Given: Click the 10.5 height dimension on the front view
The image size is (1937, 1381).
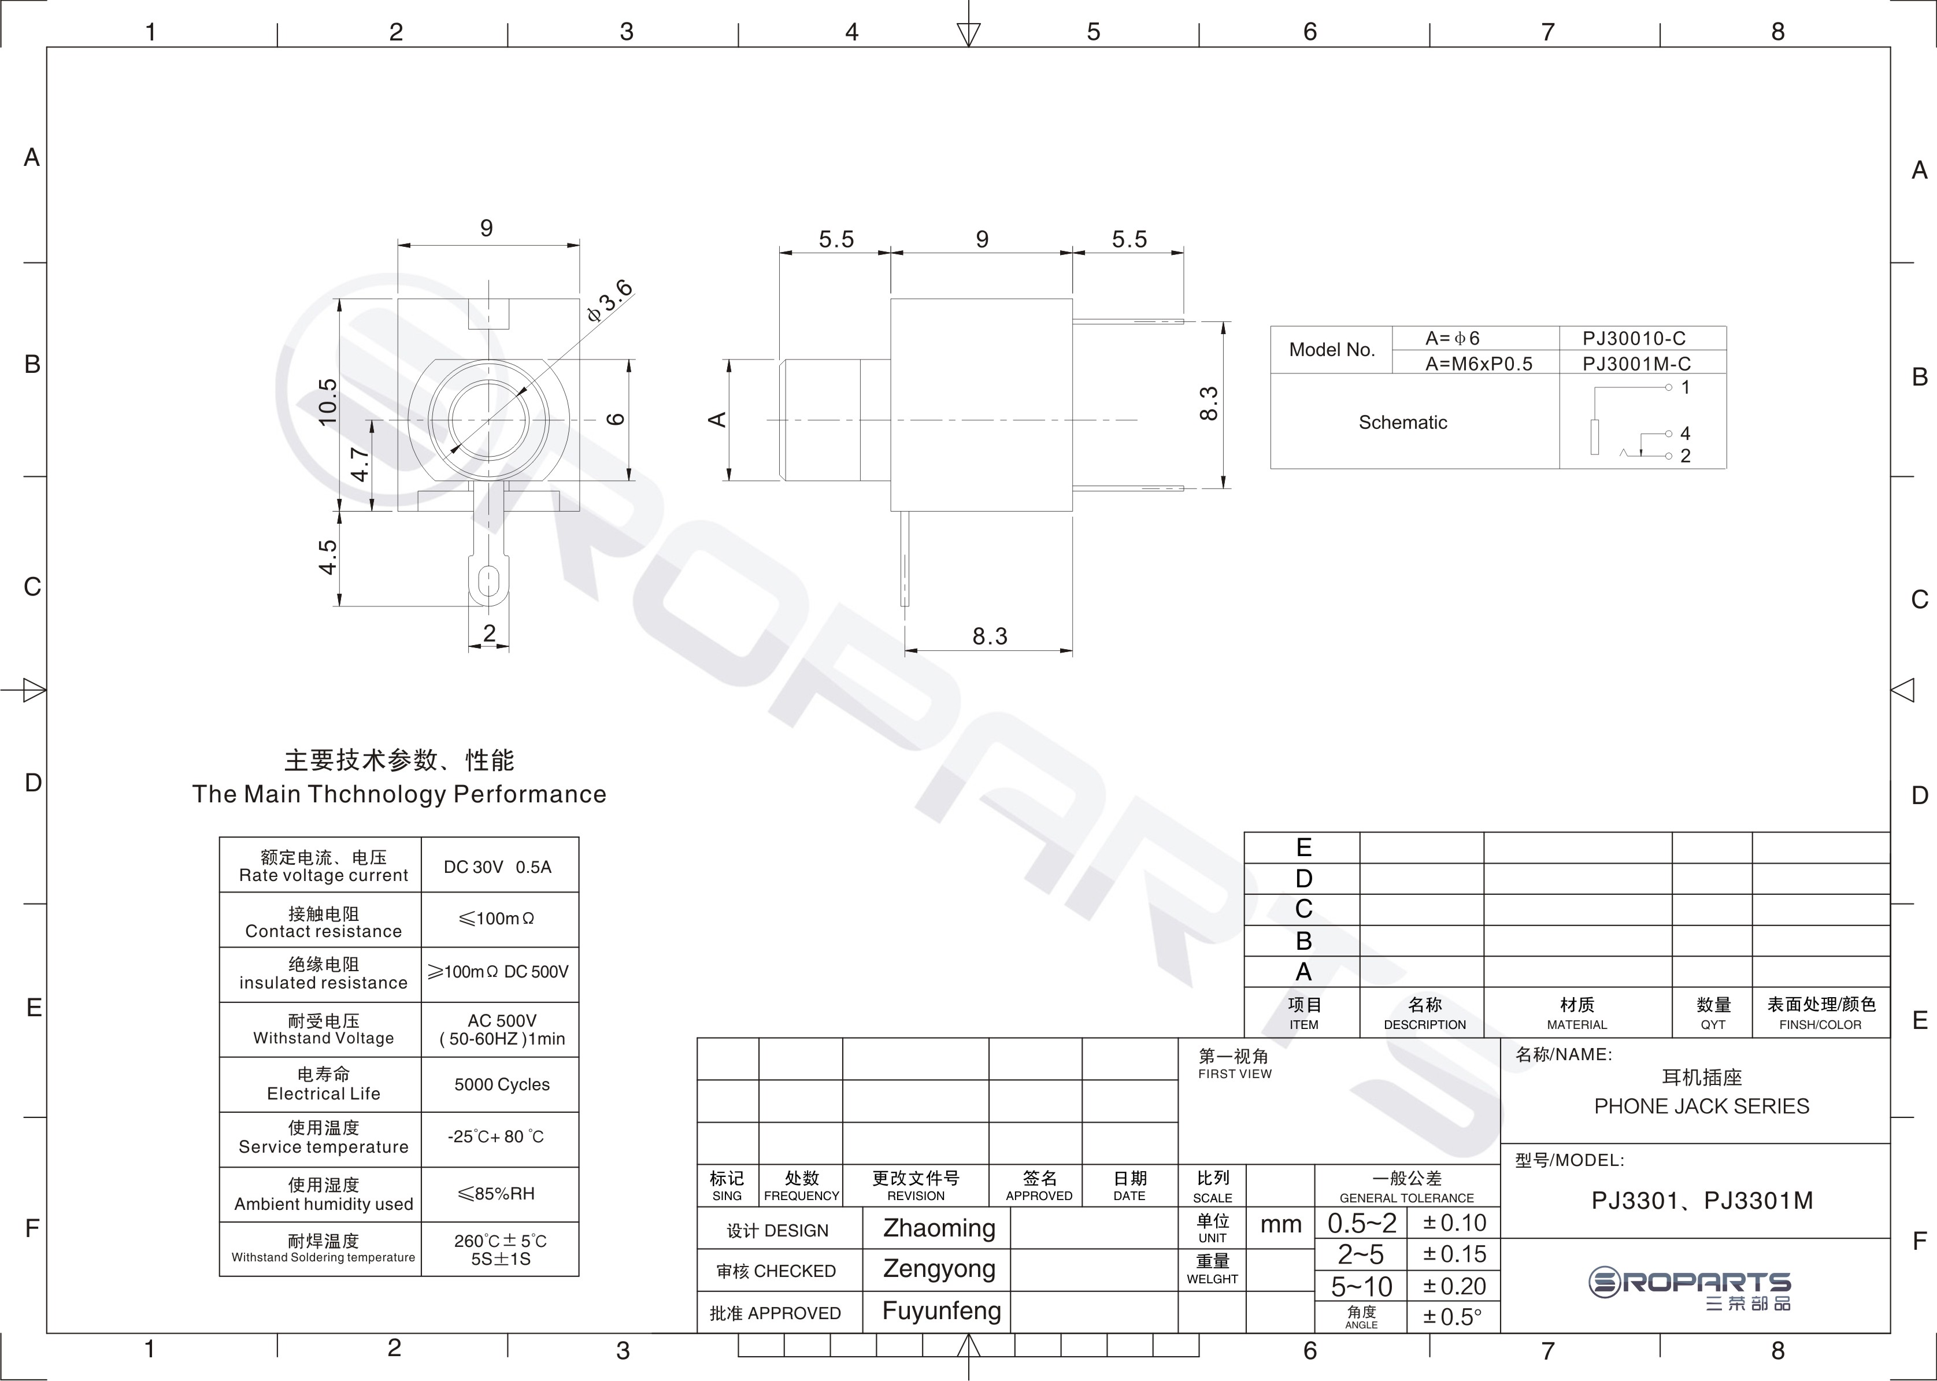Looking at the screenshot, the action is click(x=327, y=402).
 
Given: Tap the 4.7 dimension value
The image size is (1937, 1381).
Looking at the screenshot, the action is click(x=360, y=464).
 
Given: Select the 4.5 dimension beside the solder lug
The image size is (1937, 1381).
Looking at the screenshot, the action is click(x=327, y=557).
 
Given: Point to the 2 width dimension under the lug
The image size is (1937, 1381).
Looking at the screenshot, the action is click(x=489, y=632).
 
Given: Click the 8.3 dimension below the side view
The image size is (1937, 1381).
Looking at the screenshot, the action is click(x=990, y=636).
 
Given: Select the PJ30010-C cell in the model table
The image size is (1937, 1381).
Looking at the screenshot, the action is click(x=1634, y=338).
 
